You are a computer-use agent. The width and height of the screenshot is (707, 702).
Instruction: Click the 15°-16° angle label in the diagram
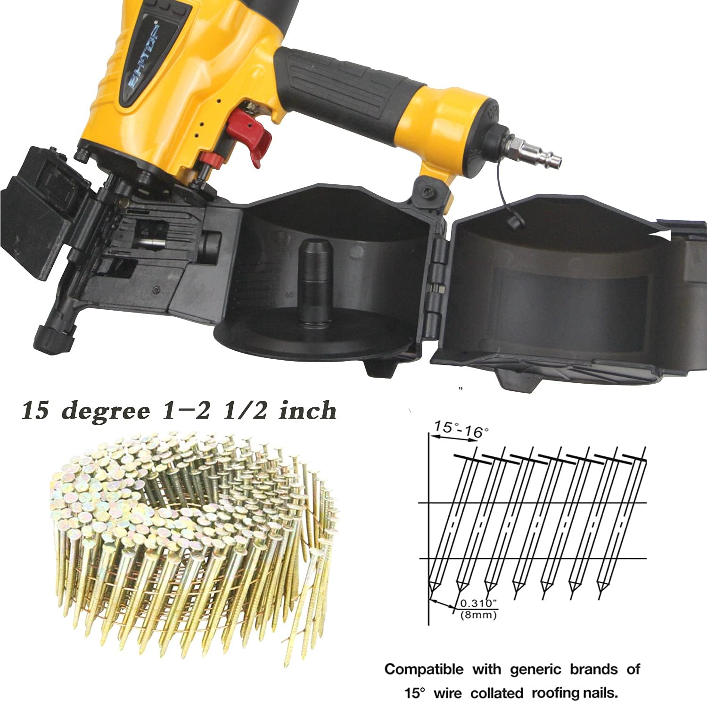460,429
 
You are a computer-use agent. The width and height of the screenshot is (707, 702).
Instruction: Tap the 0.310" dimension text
478,603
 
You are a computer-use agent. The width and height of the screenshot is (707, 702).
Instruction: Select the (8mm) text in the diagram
478,614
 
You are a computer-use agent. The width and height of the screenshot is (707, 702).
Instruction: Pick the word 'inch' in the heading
307,410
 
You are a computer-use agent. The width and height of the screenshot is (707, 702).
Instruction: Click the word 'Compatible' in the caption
424,669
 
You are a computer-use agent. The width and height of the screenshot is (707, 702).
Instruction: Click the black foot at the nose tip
53,336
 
